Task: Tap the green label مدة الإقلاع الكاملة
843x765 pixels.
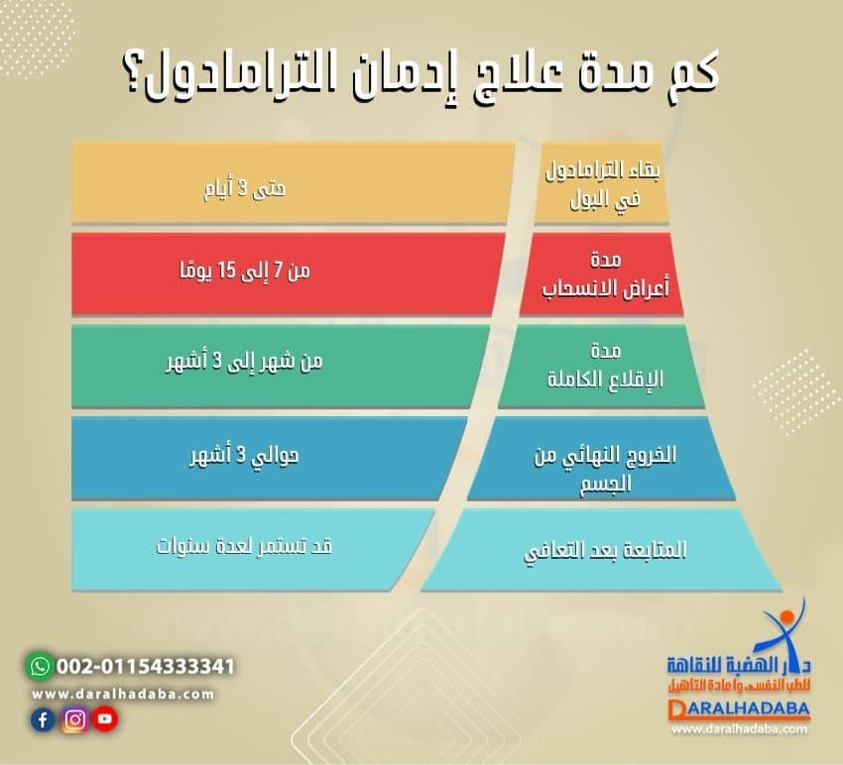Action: tap(602, 364)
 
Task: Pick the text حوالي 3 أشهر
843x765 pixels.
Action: tap(244, 457)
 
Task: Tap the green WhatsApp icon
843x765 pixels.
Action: tap(40, 665)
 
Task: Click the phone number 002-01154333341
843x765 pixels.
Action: tap(146, 666)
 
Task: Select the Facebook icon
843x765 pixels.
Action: tap(42, 720)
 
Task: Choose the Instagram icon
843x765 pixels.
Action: tap(73, 720)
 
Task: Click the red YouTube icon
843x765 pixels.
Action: tap(104, 720)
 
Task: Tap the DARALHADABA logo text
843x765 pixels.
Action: tap(739, 710)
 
